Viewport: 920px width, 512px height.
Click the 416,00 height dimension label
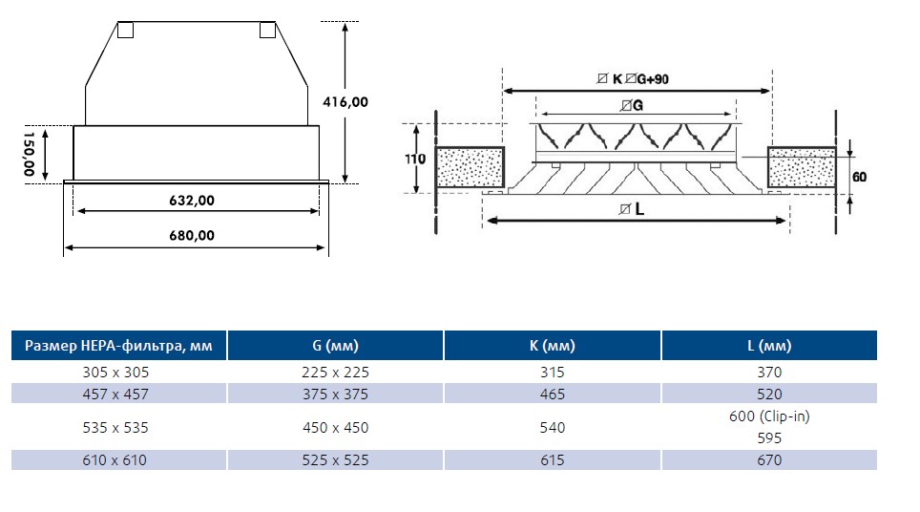tap(345, 102)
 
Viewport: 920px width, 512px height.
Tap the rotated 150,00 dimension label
tap(29, 154)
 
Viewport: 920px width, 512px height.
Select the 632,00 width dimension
tap(192, 201)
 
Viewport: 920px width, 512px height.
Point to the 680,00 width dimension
tap(192, 235)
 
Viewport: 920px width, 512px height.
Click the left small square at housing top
tap(126, 30)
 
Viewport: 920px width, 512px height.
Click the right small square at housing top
tap(267, 30)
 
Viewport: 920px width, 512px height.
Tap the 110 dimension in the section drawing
tap(415, 160)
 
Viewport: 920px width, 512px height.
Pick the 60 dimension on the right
tap(859, 177)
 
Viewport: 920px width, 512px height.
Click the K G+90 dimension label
tap(633, 78)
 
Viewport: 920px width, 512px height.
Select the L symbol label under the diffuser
tap(632, 209)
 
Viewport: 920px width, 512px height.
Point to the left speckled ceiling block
tap(470, 167)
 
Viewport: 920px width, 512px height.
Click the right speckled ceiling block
tap(802, 167)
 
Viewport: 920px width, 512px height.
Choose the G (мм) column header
tap(335, 345)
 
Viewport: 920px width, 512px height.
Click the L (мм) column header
tap(769, 345)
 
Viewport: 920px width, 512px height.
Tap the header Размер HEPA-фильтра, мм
tap(118, 345)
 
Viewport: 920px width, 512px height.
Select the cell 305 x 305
tap(115, 373)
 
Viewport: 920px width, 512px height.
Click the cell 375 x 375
tap(335, 394)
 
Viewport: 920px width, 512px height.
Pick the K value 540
tap(553, 427)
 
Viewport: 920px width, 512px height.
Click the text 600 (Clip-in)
tap(769, 416)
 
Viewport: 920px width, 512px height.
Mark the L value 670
tap(769, 460)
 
